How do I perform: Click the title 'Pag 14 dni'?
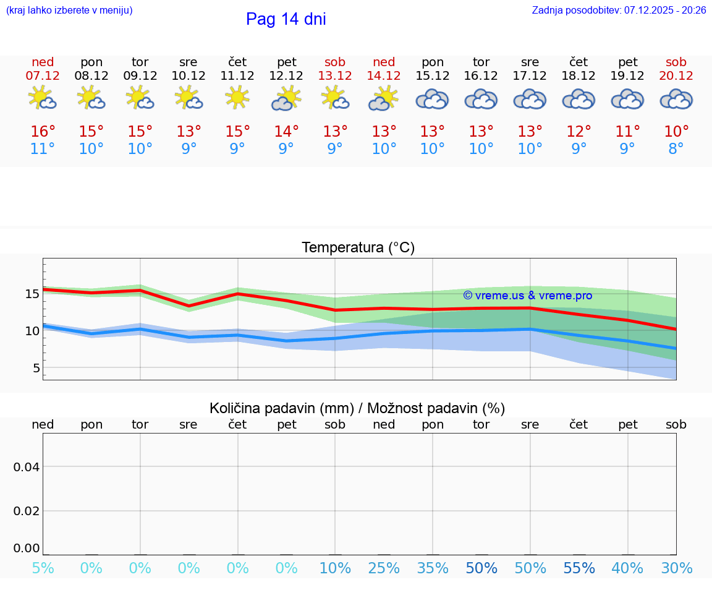[x=286, y=19]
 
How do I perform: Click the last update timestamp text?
[x=619, y=10]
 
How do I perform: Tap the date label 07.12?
[x=43, y=75]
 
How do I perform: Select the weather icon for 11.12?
[x=237, y=98]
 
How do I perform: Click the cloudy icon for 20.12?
[x=676, y=99]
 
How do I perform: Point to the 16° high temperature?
[x=43, y=132]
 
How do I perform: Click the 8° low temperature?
[x=676, y=149]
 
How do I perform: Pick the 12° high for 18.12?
[x=578, y=132]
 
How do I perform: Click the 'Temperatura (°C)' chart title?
[x=358, y=248]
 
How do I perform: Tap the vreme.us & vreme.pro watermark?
[x=527, y=296]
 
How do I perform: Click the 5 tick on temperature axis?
[x=36, y=368]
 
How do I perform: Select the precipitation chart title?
[x=357, y=408]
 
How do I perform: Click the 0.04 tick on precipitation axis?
[x=27, y=467]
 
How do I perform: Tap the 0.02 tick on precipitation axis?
[x=27, y=511]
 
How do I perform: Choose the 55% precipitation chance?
[x=579, y=568]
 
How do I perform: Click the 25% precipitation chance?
[x=384, y=568]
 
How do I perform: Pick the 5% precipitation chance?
[x=43, y=568]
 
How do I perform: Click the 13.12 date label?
[x=335, y=75]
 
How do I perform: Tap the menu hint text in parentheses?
[x=69, y=10]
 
